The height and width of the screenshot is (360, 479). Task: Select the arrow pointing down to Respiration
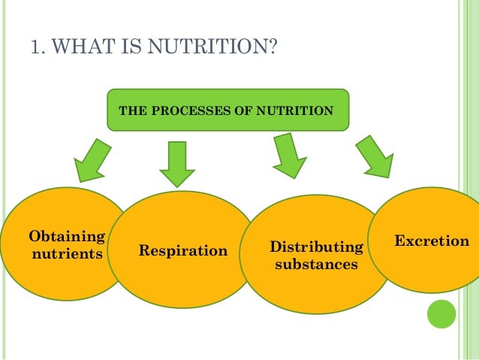click(x=176, y=164)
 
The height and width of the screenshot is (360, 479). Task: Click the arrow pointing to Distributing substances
click(x=288, y=156)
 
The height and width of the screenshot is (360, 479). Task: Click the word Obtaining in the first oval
click(x=66, y=237)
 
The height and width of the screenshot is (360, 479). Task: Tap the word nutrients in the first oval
click(x=66, y=254)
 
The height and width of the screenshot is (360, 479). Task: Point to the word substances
click(x=316, y=265)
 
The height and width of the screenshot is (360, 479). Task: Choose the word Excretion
click(x=432, y=242)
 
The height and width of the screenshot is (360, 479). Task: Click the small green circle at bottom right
click(x=441, y=314)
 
